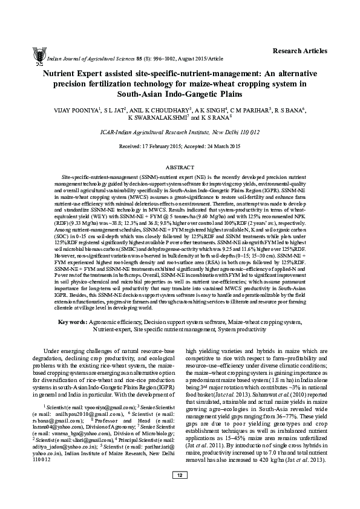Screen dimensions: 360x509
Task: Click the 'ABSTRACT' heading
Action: click(x=180, y=165)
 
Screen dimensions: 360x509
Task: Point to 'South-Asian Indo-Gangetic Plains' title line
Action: click(x=180, y=94)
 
